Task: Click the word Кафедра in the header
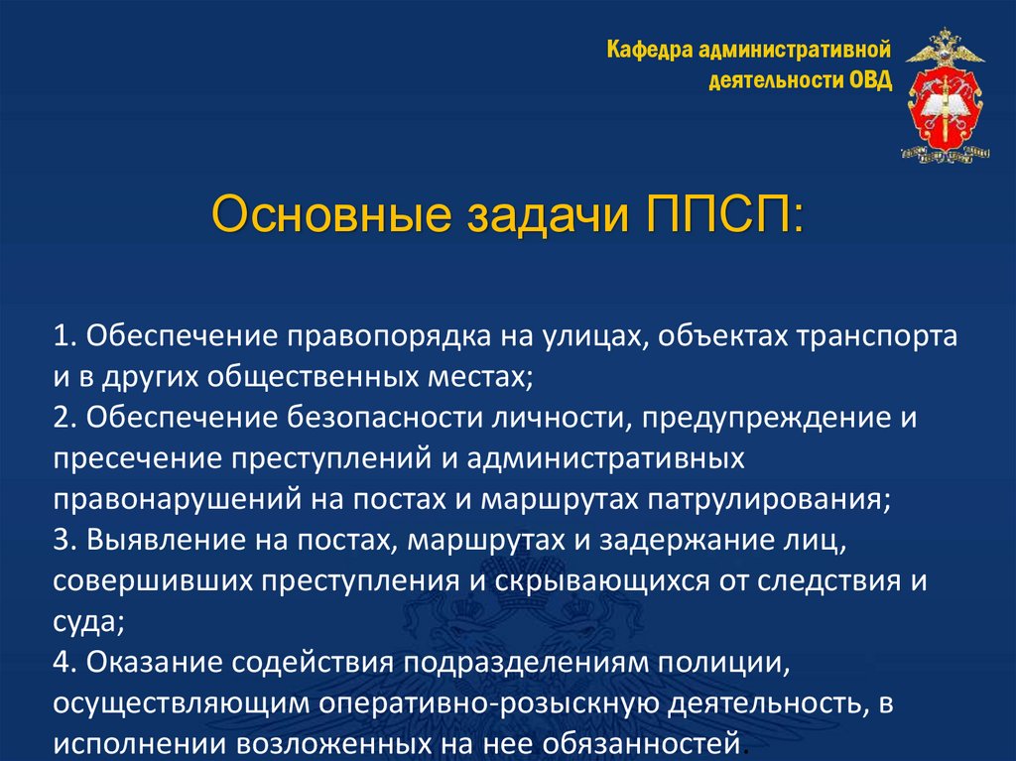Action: click(649, 50)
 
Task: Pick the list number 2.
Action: click(62, 418)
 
